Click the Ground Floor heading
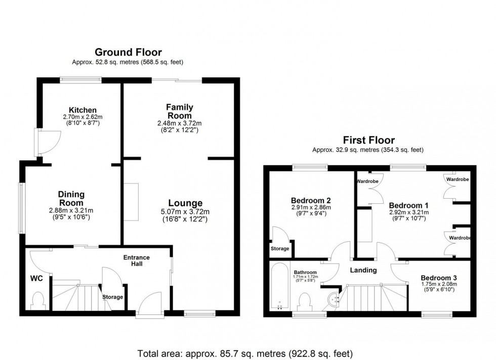tap(128, 52)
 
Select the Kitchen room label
tap(82, 110)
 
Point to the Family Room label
tap(179, 111)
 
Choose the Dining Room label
tap(71, 199)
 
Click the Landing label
tap(363, 270)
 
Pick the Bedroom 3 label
tap(438, 278)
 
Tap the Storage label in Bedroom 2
tap(279, 248)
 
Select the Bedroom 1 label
tap(408, 205)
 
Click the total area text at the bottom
tap(245, 353)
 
